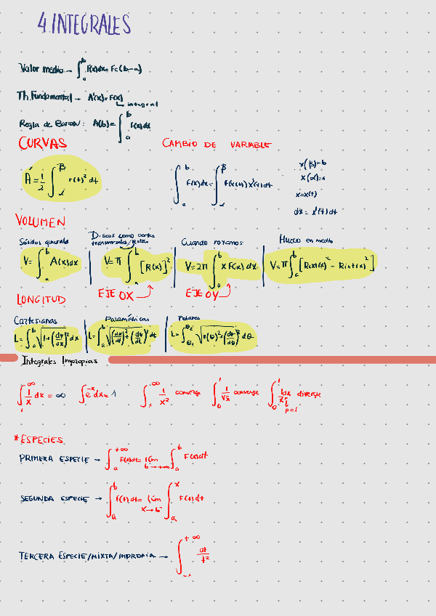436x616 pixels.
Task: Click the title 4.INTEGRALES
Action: click(x=86, y=25)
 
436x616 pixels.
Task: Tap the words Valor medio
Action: click(x=41, y=69)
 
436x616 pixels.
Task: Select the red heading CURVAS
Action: click(x=43, y=143)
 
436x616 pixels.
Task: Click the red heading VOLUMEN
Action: click(x=41, y=220)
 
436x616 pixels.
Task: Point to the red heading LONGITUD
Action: click(x=41, y=299)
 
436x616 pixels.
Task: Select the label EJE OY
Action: click(x=201, y=293)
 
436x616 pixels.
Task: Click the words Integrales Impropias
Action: click(x=54, y=360)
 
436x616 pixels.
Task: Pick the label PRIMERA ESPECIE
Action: click(x=54, y=459)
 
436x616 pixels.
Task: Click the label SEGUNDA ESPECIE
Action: click(x=54, y=499)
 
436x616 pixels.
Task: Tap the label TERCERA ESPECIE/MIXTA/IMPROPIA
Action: click(x=87, y=556)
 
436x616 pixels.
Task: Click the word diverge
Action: click(x=307, y=393)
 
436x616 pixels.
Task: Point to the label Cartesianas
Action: click(x=36, y=320)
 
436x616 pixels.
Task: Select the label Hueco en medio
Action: click(x=306, y=239)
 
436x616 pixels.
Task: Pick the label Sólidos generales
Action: click(x=44, y=242)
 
